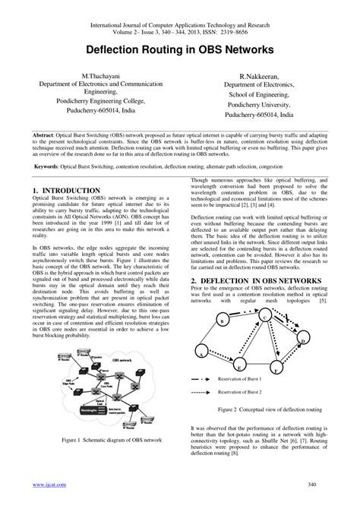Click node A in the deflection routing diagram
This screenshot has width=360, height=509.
[x=199, y=353]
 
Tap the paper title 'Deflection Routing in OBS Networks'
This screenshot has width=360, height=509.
[x=179, y=49]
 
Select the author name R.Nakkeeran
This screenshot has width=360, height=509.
[x=265, y=77]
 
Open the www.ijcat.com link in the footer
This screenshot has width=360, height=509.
[x=47, y=484]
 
